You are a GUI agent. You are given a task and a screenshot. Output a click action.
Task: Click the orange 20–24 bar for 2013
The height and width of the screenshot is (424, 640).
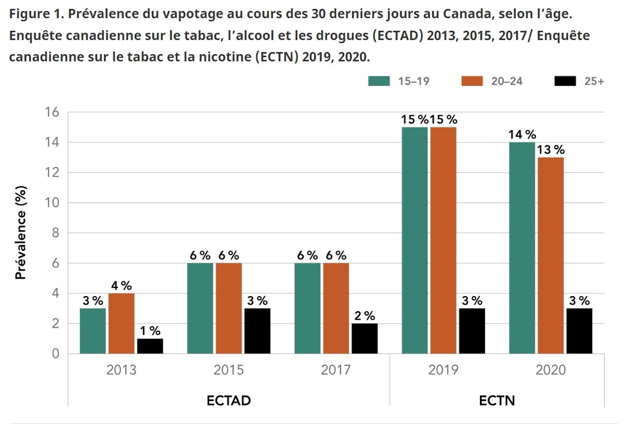click(x=122, y=324)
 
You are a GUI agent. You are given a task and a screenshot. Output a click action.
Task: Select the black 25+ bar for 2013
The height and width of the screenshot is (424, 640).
click(x=150, y=346)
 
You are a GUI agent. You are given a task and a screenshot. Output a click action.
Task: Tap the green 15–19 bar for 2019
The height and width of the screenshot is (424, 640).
click(x=415, y=240)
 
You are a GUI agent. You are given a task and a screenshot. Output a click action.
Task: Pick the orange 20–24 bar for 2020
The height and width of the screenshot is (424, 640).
click(x=551, y=255)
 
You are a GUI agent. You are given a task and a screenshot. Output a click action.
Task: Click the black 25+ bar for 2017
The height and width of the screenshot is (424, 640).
click(x=364, y=339)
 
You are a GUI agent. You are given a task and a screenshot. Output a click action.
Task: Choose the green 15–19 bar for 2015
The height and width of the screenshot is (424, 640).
click(x=200, y=308)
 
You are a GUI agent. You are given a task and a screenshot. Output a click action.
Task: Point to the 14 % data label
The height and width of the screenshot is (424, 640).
click(x=523, y=134)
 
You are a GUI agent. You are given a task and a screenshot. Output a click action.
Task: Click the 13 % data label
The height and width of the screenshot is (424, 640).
click(x=551, y=149)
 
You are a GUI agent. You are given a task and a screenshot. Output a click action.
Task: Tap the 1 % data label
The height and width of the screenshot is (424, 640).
click(x=150, y=331)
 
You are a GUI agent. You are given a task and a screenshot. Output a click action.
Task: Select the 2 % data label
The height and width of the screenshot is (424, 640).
click(x=365, y=316)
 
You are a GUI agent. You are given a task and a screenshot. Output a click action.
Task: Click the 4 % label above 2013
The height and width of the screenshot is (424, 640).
click(x=122, y=285)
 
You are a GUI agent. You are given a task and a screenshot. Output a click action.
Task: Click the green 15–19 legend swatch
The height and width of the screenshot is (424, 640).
click(x=379, y=81)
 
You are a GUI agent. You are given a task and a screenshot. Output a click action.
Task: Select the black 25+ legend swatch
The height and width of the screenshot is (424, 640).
click(x=565, y=81)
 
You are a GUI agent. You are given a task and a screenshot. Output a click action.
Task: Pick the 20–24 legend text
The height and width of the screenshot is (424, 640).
click(x=507, y=81)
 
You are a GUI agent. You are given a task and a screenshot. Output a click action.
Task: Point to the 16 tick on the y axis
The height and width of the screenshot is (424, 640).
click(x=52, y=112)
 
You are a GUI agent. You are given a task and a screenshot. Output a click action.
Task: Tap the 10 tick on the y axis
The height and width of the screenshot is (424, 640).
click(x=52, y=203)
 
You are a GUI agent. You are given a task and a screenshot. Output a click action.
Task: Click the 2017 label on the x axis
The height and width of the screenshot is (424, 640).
click(x=336, y=370)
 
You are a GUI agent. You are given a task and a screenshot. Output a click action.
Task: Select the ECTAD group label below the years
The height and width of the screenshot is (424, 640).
click(x=229, y=401)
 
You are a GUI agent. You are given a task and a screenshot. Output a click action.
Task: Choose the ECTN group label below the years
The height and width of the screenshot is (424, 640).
click(x=497, y=401)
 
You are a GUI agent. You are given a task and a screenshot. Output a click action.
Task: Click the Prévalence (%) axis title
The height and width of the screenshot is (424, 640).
click(x=21, y=233)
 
